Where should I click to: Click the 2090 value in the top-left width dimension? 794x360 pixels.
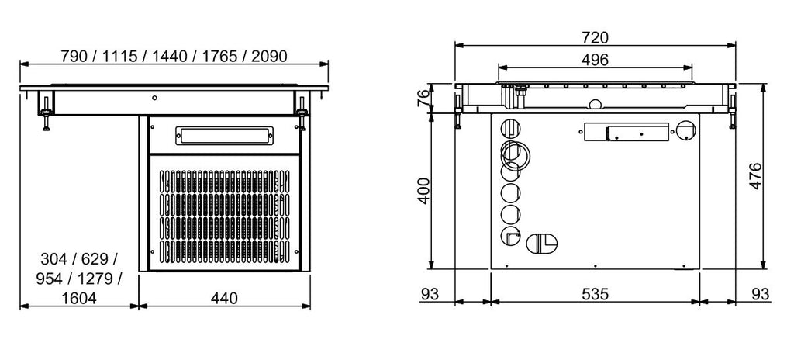(x=268, y=56)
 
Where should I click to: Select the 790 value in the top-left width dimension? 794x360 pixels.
(x=76, y=56)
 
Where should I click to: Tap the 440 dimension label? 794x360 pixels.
(x=224, y=298)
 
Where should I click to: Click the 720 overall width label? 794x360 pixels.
(x=595, y=37)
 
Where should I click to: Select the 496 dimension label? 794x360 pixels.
(x=595, y=60)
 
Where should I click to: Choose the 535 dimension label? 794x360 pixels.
(x=595, y=295)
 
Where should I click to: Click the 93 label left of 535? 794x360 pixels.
(x=430, y=295)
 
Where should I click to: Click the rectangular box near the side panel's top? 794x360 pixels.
(x=625, y=133)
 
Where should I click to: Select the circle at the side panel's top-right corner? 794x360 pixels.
(x=686, y=130)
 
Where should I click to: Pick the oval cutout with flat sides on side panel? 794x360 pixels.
(x=540, y=242)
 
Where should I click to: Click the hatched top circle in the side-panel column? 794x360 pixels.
(x=510, y=128)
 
